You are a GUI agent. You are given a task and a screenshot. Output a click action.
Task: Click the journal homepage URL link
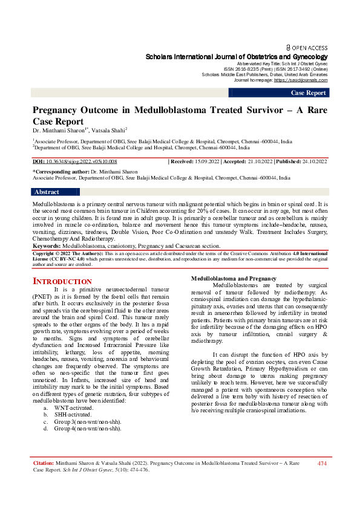point(301,80)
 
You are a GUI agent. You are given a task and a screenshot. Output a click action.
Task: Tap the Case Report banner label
point(309,92)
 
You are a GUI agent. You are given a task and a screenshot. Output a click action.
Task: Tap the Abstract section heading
point(47,192)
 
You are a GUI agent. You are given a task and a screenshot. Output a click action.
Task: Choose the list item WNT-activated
point(73,408)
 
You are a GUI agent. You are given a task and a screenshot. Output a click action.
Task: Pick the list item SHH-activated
point(73,415)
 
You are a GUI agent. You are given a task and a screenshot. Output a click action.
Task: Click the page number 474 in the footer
point(322,463)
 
